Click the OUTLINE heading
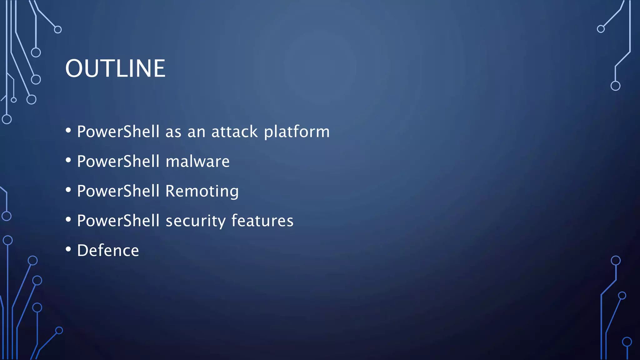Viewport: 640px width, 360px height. (x=115, y=68)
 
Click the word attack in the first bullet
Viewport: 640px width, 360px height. (x=234, y=132)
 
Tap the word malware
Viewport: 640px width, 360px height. (x=197, y=162)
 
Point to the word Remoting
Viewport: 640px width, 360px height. (x=202, y=191)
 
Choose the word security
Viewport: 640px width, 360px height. (x=195, y=221)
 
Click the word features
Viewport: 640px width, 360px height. (x=262, y=221)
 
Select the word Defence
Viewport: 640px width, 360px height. (x=108, y=251)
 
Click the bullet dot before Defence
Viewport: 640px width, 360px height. (x=68, y=249)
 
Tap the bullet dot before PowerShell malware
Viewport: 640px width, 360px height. (x=68, y=160)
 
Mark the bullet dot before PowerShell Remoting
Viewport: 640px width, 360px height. (x=68, y=190)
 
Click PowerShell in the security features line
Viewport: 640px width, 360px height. (x=118, y=221)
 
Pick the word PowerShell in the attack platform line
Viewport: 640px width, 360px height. (x=118, y=132)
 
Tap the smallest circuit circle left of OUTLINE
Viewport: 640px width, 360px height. (x=14, y=100)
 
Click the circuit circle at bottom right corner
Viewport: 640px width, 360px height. (x=627, y=342)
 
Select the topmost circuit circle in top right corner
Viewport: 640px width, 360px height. (x=601, y=29)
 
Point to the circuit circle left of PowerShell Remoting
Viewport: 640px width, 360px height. (x=7, y=216)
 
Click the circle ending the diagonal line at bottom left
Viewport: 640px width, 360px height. (x=59, y=330)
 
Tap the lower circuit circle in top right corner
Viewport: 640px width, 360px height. (x=615, y=86)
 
